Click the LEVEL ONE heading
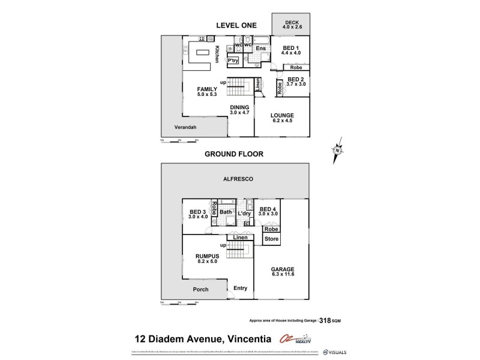[236, 25]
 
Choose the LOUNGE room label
[281, 116]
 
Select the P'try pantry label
[233, 61]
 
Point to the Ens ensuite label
[260, 49]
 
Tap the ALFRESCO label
[235, 179]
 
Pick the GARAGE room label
[280, 271]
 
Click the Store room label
[271, 239]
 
